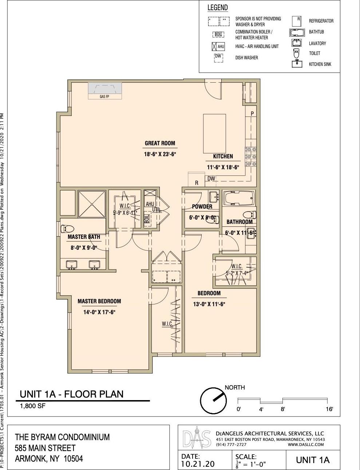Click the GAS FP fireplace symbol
coord(105,90)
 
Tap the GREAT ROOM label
coord(160,143)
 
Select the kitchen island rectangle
coord(214,134)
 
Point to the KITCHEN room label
coord(223,156)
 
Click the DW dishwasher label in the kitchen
coord(211,178)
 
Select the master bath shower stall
coord(92,204)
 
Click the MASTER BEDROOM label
coord(99,301)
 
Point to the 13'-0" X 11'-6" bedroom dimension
coord(209,304)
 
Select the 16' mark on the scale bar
coord(329,409)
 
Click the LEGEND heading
coord(217,8)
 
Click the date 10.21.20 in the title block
coord(198,464)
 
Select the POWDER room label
coord(202,206)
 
